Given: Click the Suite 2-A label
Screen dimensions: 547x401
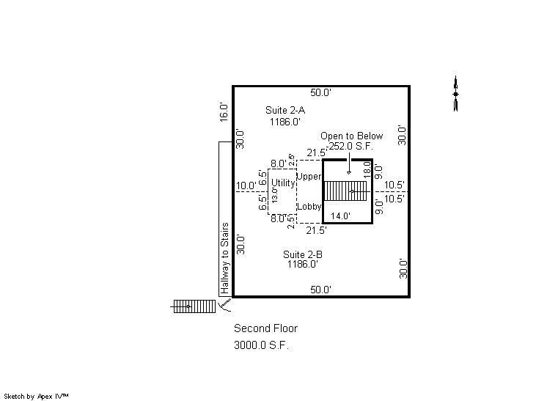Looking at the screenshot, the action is coord(285,110).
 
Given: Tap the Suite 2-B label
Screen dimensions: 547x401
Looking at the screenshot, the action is coord(302,254).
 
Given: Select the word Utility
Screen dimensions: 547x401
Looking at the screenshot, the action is coord(283,183).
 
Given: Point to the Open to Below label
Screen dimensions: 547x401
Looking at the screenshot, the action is coord(351,136).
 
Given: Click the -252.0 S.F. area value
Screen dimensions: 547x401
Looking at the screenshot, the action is coord(350,146).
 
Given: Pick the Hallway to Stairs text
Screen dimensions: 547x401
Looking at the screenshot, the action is coord(224,258).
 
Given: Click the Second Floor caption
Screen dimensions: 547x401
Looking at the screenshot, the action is coord(265,328).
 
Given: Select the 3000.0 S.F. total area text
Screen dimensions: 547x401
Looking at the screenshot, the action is coord(261,345).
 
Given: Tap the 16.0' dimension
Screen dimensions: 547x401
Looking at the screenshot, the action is coord(224,112).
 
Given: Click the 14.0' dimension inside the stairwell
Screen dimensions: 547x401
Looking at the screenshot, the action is coord(340,216).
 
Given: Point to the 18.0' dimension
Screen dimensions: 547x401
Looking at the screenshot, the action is coord(367,169).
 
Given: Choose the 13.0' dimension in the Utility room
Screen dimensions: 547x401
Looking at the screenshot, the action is coord(274,195).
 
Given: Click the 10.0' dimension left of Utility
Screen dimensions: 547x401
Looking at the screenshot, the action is coord(246,186).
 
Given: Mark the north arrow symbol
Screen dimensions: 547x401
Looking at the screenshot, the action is coord(455,93).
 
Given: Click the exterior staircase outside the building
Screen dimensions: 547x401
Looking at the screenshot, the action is coord(193,306).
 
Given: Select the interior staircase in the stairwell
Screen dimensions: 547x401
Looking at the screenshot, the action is coord(346,191).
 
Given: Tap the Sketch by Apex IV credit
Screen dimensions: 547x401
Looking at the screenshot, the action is coord(36,396).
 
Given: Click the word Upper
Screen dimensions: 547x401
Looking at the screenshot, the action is coord(309,177).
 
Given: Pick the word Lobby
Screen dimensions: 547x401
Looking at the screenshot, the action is coord(309,207).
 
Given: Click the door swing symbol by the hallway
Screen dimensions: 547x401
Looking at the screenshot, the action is coord(225,305).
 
